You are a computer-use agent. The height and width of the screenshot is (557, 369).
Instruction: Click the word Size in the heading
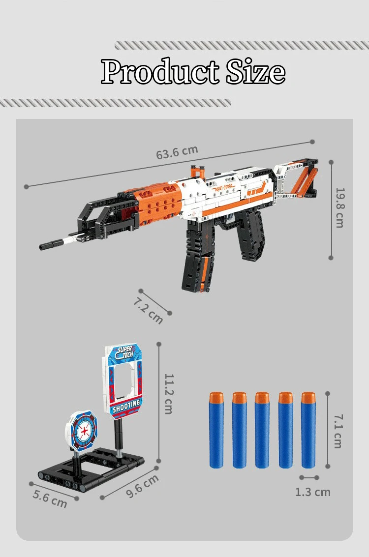(x=255, y=72)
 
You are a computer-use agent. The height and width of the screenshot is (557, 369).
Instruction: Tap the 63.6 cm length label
(x=177, y=152)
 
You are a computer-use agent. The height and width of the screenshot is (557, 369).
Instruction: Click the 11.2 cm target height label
(x=168, y=393)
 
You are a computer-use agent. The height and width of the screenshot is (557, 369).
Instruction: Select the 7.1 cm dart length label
(x=338, y=431)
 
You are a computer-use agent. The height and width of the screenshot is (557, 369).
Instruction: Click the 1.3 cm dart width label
(x=312, y=492)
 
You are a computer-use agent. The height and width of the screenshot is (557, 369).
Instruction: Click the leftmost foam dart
(x=216, y=430)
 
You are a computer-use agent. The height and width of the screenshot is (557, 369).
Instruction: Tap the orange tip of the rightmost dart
(x=308, y=398)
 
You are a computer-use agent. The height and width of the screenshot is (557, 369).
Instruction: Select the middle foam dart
(x=262, y=430)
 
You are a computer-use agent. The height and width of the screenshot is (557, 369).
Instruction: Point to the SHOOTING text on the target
(x=126, y=406)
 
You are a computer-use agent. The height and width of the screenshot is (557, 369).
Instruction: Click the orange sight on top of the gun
(x=197, y=172)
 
